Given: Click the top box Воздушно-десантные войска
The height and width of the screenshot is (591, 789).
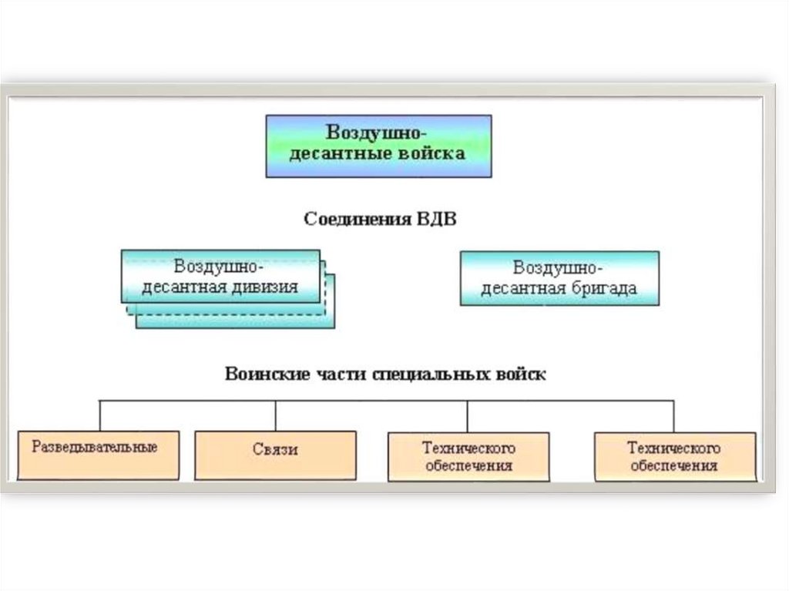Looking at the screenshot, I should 378,146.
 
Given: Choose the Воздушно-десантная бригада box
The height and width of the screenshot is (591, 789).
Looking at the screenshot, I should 559,277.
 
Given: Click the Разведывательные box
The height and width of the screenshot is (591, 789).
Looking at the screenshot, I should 98,455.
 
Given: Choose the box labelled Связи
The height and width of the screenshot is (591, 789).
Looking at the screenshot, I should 275,455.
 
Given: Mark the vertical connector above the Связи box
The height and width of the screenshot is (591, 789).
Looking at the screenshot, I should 275,415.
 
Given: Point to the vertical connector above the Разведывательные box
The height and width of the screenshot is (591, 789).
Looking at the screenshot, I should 100,415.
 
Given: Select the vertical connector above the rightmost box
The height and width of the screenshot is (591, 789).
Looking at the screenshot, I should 674,415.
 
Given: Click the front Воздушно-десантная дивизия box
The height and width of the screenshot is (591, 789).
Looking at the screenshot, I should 220,276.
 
